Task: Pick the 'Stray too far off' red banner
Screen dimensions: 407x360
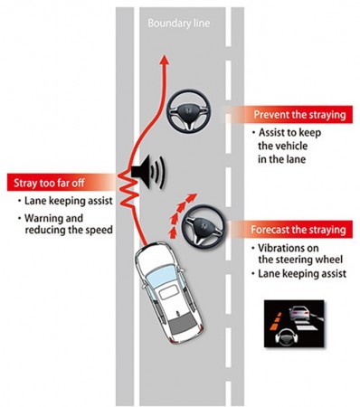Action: (54, 179)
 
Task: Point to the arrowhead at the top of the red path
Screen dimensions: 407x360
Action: (164, 59)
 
